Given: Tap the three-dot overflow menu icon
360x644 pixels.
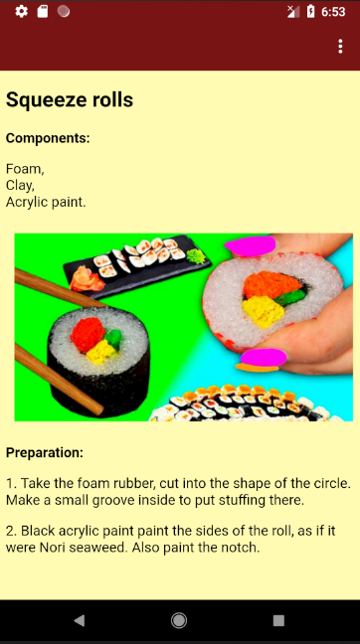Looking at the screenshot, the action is point(340,47).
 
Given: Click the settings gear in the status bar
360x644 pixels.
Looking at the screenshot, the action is point(21,12).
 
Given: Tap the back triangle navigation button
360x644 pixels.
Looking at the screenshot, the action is point(79,620).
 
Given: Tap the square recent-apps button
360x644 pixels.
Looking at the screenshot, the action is point(278,620).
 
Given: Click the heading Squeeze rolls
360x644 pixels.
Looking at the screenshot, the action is point(70,99).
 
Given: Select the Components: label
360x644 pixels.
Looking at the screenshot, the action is point(48,138).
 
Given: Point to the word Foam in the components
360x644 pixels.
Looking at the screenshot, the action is point(24,169).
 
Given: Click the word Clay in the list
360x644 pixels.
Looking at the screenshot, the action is point(19,186).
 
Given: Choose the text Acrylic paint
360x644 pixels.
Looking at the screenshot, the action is point(46,202).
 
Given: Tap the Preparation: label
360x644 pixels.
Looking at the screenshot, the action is point(45,453).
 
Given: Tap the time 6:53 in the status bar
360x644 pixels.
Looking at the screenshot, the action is point(333,12).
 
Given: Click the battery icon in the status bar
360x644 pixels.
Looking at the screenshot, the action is point(310,12).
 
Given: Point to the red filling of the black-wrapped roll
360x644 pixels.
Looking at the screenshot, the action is point(88,335).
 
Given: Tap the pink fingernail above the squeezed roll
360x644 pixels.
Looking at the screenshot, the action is point(251,245).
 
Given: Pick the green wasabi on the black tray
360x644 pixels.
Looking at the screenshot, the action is point(196,257).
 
